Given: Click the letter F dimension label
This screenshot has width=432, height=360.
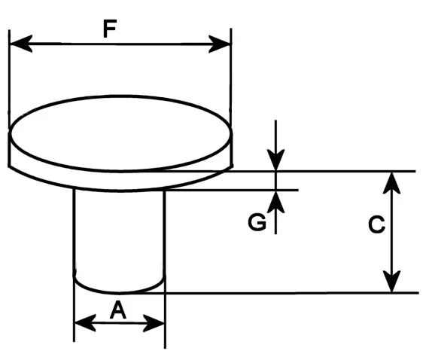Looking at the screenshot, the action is tap(110, 29).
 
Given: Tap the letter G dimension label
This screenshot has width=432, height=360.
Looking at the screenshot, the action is tap(257, 222).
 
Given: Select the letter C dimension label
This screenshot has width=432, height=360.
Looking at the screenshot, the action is tap(376, 224).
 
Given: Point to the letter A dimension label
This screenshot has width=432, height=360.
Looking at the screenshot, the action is tap(118, 310).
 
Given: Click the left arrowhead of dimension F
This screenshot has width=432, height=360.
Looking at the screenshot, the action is tap(21, 44).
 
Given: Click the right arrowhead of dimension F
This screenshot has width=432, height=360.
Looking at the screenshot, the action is tap(219, 44).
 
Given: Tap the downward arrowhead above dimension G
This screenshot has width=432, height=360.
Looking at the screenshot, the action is tap(275, 160).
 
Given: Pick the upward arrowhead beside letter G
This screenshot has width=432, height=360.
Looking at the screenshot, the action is tap(275, 202).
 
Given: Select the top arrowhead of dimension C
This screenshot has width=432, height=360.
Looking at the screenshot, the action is tap(392, 183).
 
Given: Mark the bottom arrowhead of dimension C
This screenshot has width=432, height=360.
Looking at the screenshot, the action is tap(392, 281).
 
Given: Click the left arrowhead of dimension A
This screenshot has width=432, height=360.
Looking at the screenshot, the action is tap(85, 322).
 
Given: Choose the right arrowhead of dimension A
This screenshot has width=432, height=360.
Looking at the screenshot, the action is tap(154, 323).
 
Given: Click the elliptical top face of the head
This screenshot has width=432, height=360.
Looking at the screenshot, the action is tap(120, 133).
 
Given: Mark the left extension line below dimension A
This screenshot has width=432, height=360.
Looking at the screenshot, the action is tap(74, 309).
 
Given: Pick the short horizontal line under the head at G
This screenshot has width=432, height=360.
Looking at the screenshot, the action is tap(232, 190).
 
